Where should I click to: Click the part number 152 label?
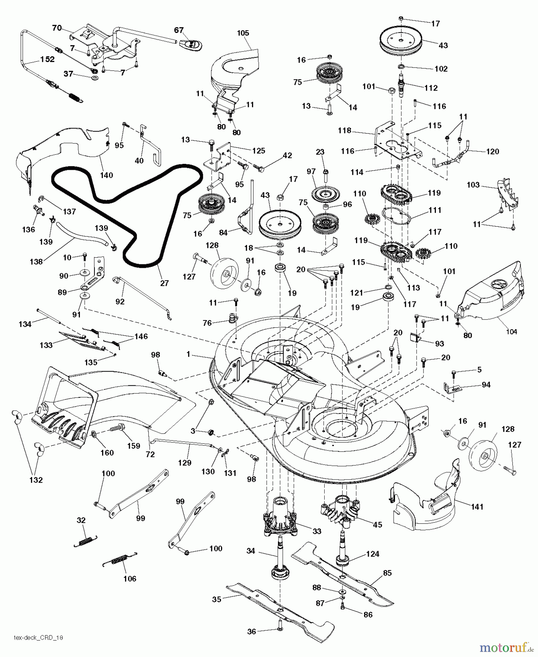47,59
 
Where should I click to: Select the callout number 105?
243,33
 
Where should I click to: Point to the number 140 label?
106,175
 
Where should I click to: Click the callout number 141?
477,507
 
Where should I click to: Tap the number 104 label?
511,331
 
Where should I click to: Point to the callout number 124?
372,554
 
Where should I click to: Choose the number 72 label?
150,454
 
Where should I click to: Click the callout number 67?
179,30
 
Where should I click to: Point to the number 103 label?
473,185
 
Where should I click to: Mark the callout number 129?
185,463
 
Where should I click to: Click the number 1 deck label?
188,354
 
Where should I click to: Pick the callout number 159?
134,446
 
